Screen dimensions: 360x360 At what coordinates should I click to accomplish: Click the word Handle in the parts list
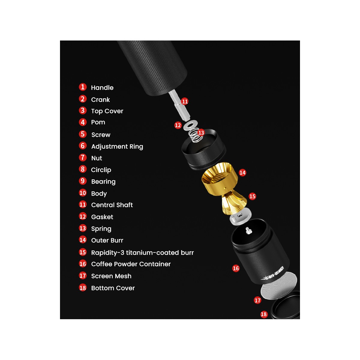pyautogui.click(x=102, y=88)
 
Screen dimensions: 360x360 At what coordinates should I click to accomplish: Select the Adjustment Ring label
pyautogui.click(x=117, y=146)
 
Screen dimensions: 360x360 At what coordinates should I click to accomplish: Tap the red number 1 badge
pyautogui.click(x=83, y=87)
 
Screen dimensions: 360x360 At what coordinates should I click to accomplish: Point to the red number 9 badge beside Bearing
pyautogui.click(x=83, y=181)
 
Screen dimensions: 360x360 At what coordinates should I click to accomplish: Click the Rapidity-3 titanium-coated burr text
pyautogui.click(x=142, y=253)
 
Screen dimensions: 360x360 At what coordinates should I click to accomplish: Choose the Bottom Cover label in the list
pyautogui.click(x=113, y=288)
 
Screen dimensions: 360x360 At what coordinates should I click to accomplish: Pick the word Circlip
pyautogui.click(x=101, y=170)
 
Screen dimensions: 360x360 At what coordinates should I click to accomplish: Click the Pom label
pyautogui.click(x=98, y=122)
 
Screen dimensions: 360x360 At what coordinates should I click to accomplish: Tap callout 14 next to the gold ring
pyautogui.click(x=242, y=172)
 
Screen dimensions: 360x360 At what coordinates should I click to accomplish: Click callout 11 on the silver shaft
pyautogui.click(x=185, y=101)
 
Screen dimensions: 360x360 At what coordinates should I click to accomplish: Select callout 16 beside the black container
pyautogui.click(x=236, y=268)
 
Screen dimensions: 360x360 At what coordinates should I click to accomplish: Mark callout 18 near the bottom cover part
pyautogui.click(x=264, y=314)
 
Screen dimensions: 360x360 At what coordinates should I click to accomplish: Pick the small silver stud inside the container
pyautogui.click(x=248, y=230)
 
